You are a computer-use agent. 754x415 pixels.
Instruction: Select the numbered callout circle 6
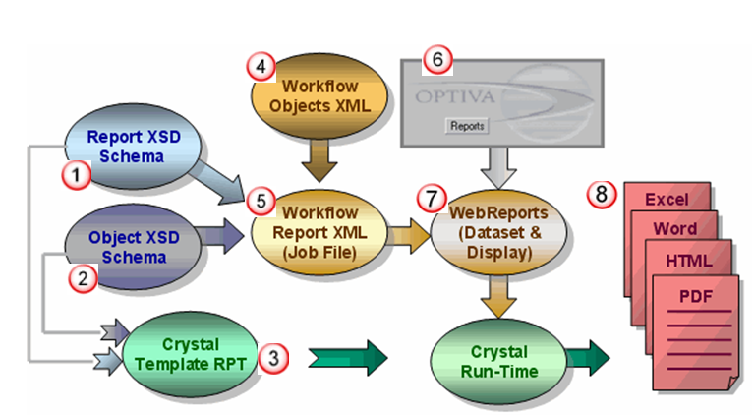[x=435, y=60]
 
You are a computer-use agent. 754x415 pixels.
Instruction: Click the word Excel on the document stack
[x=666, y=200]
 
